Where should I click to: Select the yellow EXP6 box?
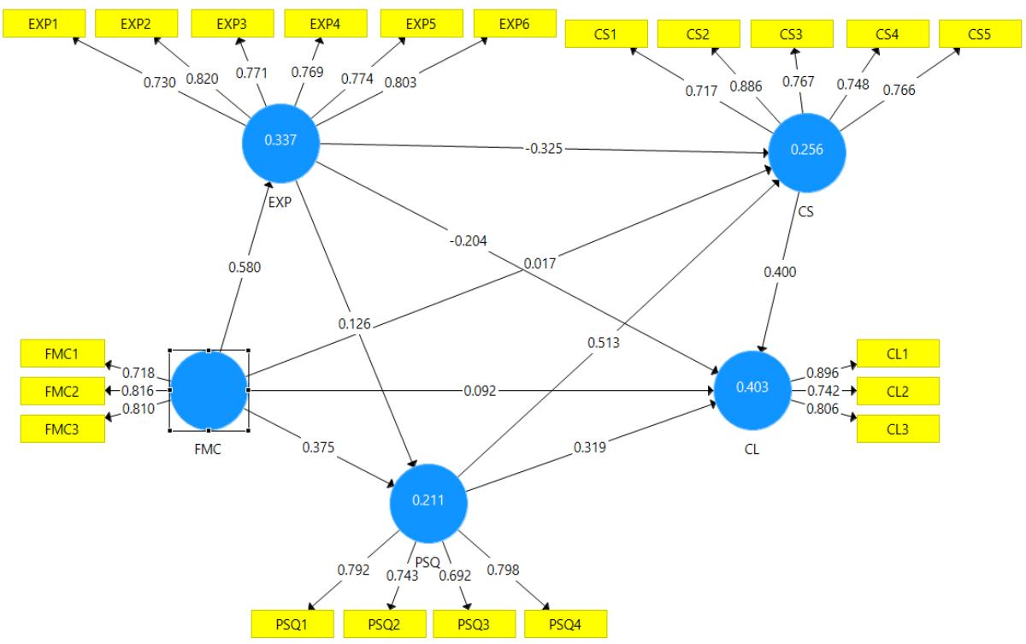[x=514, y=24]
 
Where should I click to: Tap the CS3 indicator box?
[x=791, y=34]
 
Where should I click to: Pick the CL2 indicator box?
[x=898, y=391]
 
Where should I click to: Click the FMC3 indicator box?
[x=62, y=428]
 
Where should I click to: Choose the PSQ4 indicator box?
[x=565, y=623]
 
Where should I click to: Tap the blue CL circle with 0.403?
[x=753, y=388]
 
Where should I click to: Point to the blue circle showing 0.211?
[x=428, y=502]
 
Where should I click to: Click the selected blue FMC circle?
[x=209, y=391]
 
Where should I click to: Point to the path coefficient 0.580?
[x=245, y=267]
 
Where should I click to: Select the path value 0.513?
[x=604, y=343]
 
